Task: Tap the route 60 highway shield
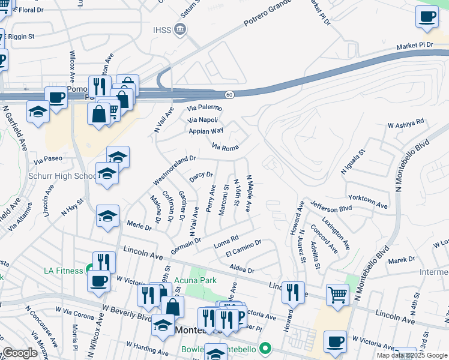229,95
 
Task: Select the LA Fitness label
63,271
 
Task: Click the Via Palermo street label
204,108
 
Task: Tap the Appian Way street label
206,131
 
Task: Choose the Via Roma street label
226,147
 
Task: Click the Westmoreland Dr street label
175,170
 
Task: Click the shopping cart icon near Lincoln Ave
338,294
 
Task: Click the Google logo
20,353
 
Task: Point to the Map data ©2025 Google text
412,355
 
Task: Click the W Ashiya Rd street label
406,123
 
